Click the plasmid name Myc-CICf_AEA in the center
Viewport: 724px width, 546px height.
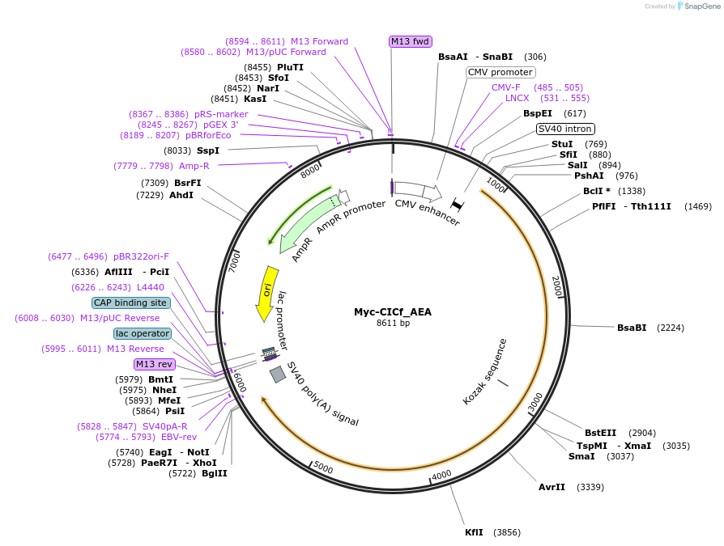(x=393, y=312)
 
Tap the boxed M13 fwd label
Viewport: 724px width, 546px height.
(x=410, y=41)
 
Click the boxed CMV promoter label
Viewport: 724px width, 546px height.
(x=500, y=72)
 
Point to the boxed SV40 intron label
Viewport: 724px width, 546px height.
(x=565, y=129)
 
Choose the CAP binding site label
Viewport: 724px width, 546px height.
(x=130, y=303)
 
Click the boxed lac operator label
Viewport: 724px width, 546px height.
(x=143, y=333)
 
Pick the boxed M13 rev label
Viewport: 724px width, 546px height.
(x=154, y=364)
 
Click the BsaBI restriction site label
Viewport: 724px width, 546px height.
(x=632, y=328)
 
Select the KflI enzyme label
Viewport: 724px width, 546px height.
(x=474, y=532)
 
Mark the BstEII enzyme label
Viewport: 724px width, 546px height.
(x=600, y=433)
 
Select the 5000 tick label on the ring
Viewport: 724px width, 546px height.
(x=322, y=468)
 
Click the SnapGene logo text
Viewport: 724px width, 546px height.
(x=699, y=6)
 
